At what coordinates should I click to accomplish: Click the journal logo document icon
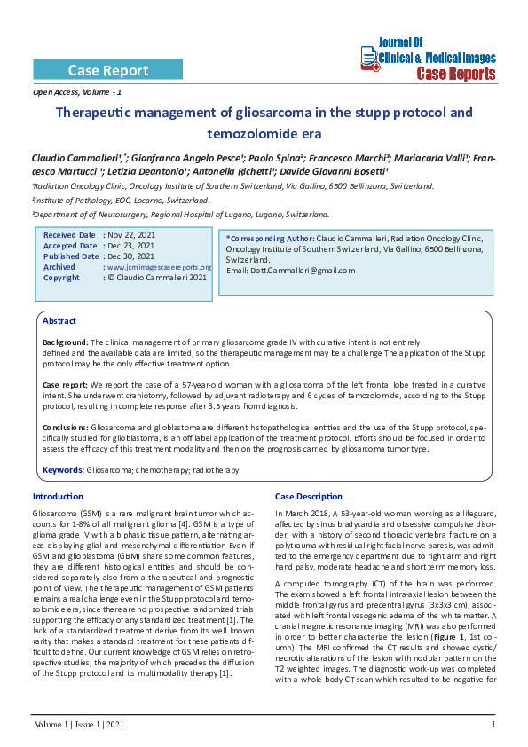pos(369,57)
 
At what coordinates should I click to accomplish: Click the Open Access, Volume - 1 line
pos(77,92)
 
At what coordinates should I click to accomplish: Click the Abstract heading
pos(59,320)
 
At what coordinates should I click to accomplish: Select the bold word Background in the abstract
pos(65,342)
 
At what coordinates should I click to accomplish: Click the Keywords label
pos(63,469)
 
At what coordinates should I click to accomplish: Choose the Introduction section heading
pos(58,496)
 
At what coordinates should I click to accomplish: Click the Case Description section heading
pos(308,496)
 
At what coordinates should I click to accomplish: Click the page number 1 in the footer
pos(493,727)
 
